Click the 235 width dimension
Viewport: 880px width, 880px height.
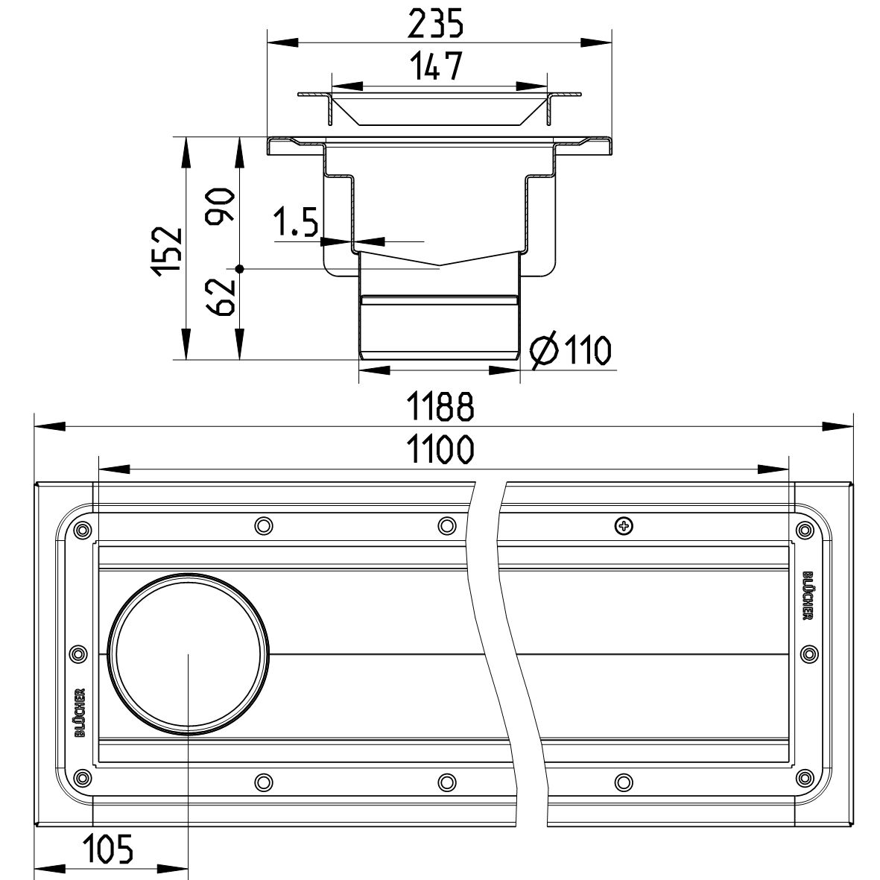coord(435,25)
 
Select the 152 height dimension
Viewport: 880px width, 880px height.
coord(168,251)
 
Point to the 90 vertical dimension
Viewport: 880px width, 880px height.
coord(221,206)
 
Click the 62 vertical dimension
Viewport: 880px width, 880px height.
coord(221,297)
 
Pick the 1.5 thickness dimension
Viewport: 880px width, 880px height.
coord(296,222)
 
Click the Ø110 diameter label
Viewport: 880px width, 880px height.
coord(570,350)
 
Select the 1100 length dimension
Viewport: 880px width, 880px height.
coord(440,449)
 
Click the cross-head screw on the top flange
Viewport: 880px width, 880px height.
coord(624,526)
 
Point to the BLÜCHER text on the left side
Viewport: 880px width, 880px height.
coord(80,712)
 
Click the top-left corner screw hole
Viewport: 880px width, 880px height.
coord(83,529)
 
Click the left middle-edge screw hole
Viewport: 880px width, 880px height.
coord(78,653)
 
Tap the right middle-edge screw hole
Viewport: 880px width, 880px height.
coord(809,653)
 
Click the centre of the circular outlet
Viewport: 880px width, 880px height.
coord(188,653)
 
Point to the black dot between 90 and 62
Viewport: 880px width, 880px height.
coord(240,269)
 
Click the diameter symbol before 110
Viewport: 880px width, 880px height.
coord(544,351)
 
